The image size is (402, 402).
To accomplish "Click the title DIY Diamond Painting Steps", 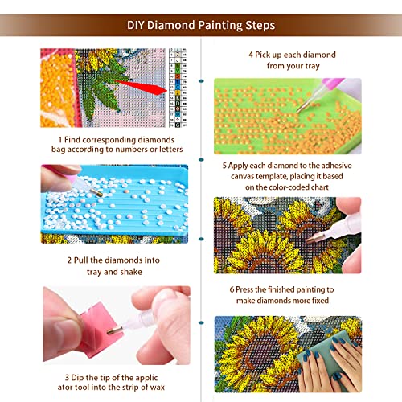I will pyautogui.click(x=201, y=25).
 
